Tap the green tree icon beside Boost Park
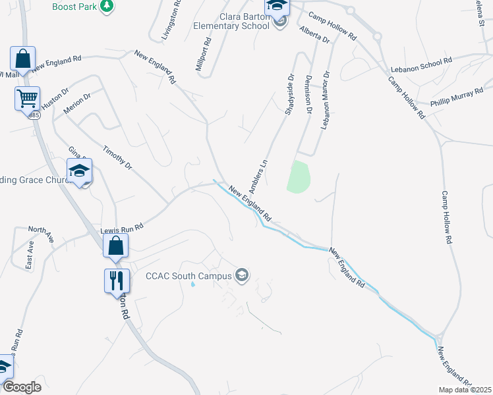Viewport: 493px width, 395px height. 107,6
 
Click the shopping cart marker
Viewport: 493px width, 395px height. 27,99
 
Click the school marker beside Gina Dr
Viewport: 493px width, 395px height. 80,171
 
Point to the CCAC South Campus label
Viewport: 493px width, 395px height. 188,275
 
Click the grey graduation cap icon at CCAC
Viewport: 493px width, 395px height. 242,275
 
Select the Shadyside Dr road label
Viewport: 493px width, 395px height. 289,95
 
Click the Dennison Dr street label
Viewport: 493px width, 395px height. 308,93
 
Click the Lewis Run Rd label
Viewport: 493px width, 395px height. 121,229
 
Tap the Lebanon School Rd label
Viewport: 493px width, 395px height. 421,64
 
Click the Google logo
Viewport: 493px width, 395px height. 22,387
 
